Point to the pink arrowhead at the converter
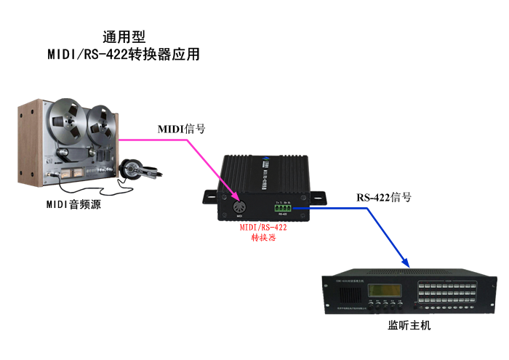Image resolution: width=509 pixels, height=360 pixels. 234,197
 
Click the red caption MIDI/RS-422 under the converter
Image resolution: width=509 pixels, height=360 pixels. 263,227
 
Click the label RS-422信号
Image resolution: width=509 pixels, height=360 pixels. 383,197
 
